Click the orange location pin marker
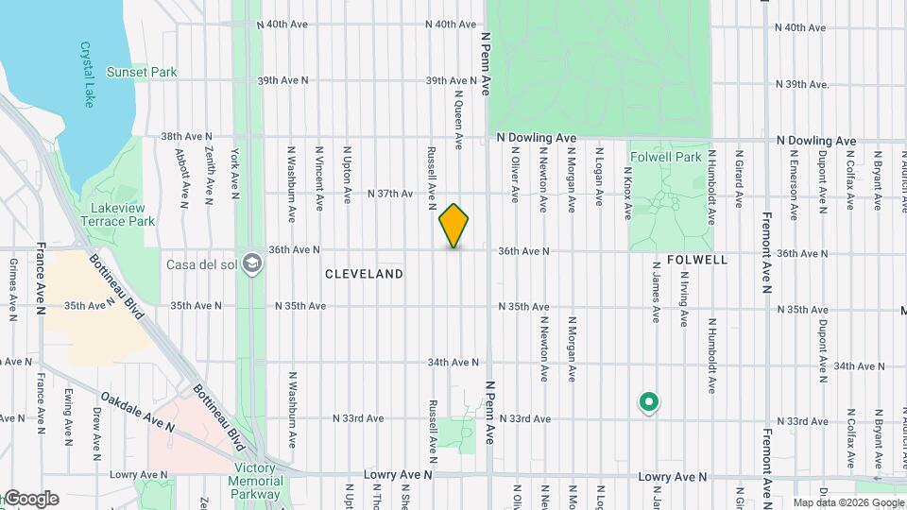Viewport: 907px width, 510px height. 454,226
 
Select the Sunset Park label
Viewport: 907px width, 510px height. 143,72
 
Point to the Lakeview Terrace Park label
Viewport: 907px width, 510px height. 122,214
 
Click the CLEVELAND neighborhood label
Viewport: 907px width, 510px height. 364,274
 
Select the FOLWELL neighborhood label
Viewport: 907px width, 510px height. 697,259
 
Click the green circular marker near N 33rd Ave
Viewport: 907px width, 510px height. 648,403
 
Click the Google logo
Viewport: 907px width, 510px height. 30,499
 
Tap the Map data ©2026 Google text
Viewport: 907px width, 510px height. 847,502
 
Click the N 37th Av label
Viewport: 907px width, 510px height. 390,194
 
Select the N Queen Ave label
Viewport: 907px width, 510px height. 458,119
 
